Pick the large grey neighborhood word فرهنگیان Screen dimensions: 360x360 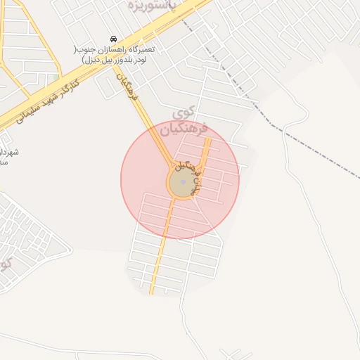coord(184,129)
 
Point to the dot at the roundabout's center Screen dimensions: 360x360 coord(183,182)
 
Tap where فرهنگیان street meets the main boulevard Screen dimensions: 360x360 coord(117,61)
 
